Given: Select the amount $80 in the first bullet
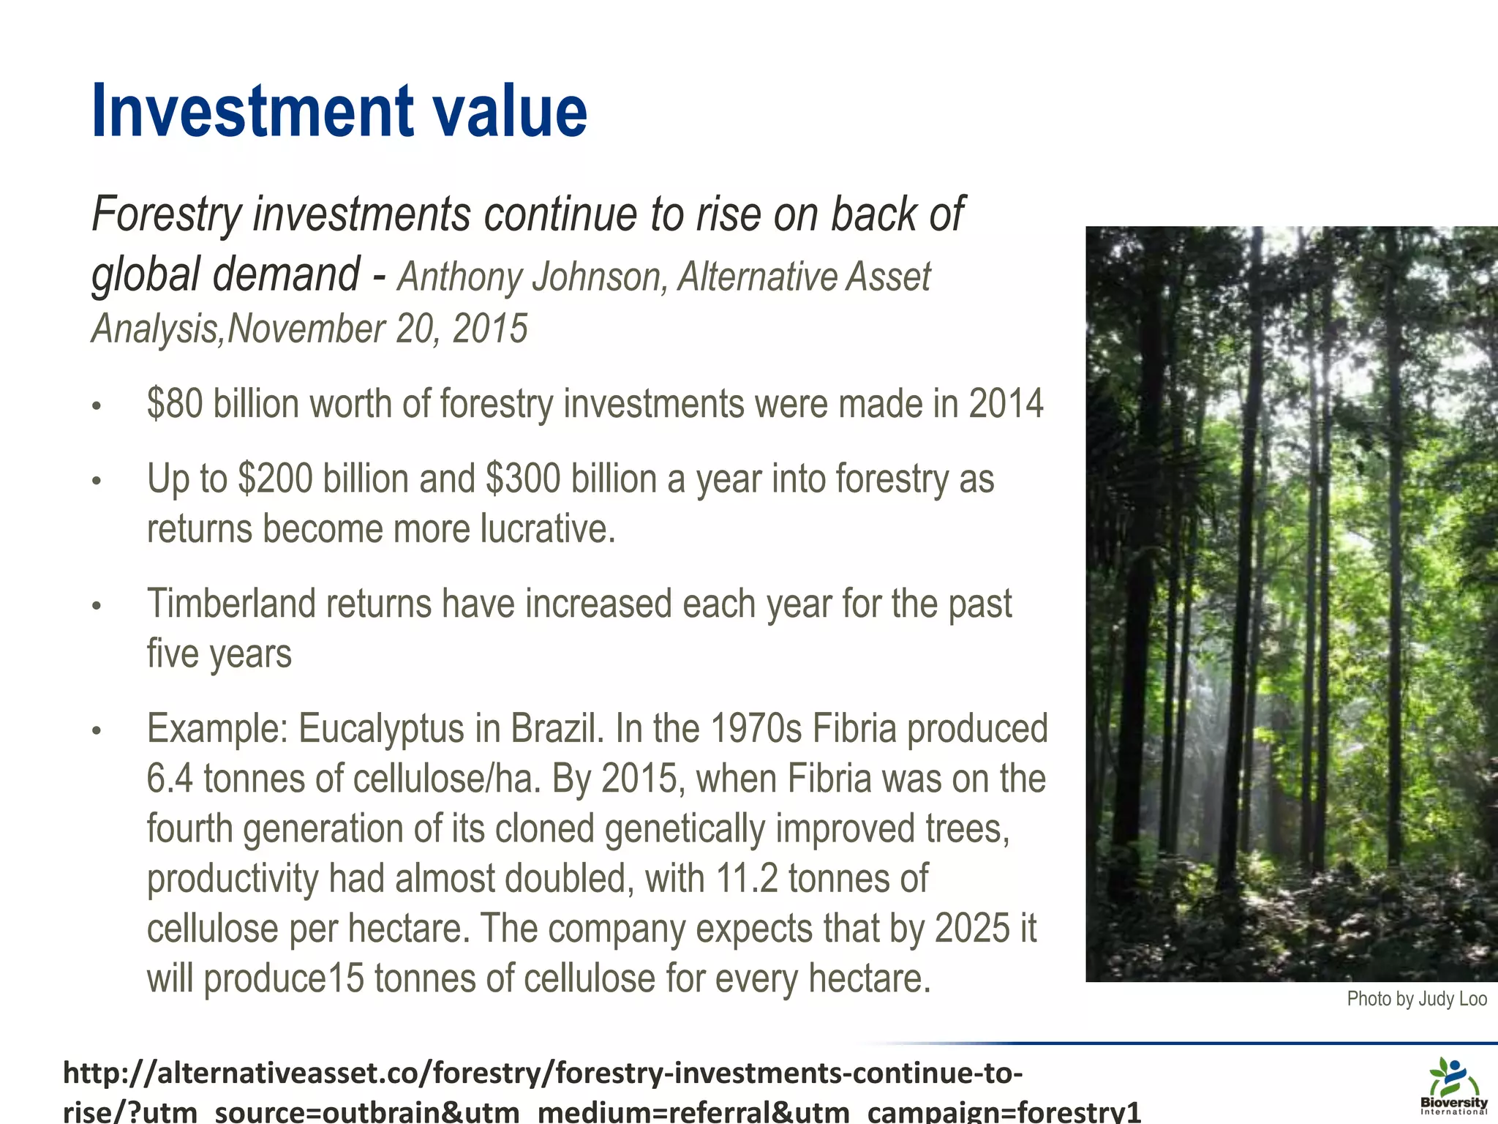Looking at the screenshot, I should point(175,404).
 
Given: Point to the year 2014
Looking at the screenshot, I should point(1006,404).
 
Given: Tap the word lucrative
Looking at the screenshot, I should point(548,529).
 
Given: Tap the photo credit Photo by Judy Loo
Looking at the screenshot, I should point(1417,999).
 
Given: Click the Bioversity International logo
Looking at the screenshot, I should point(1454,1086).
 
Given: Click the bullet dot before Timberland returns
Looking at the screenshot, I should point(96,606).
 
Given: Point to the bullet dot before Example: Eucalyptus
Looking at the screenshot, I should point(96,730).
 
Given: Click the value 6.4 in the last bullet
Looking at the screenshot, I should point(170,779).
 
